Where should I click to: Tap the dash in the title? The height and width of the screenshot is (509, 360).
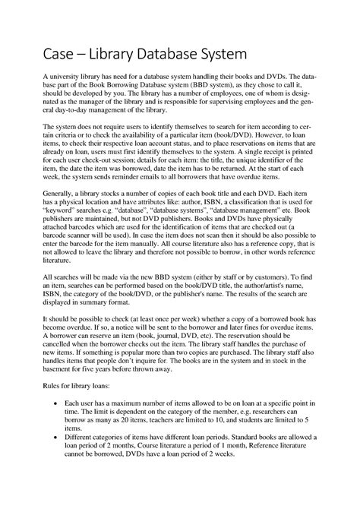coord(82,55)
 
